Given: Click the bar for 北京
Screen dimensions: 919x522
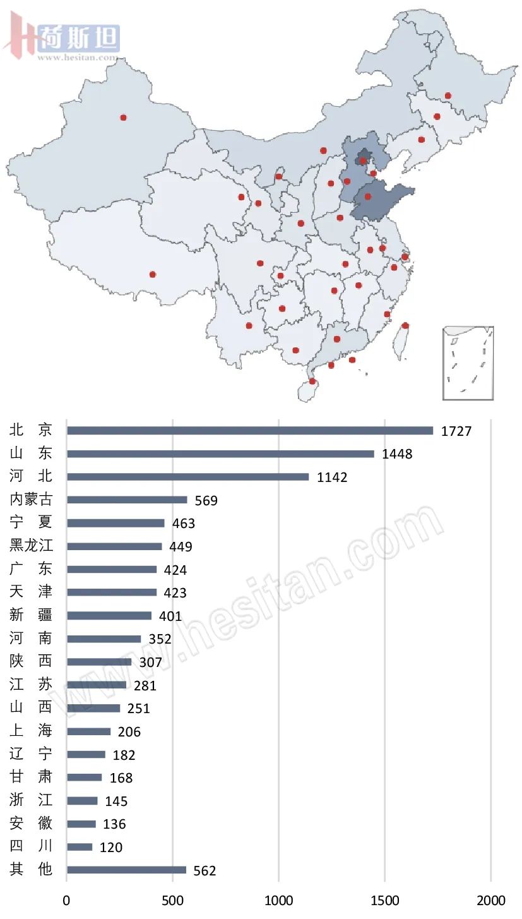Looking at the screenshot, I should tap(250, 431).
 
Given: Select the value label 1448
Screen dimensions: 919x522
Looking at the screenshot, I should tap(397, 454).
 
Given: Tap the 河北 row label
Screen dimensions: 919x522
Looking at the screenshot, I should tap(31, 477).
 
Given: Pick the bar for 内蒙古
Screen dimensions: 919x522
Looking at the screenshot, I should tap(127, 500).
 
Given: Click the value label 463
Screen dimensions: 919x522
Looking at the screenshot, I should tap(184, 524).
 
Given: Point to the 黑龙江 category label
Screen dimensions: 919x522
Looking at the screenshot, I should tap(31, 546).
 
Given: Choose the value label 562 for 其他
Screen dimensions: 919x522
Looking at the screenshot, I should tap(205, 871).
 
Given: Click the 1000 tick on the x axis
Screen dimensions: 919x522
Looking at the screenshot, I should tap(279, 900).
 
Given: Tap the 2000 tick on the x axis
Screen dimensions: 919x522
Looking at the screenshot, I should tap(491, 900).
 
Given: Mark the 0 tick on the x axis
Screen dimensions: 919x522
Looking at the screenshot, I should tap(67, 900).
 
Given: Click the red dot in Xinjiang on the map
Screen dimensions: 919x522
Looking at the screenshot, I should tap(123, 117).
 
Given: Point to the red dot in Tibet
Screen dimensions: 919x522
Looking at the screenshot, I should tap(152, 274).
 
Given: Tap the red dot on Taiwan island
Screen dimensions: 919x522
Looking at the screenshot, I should tap(405, 326).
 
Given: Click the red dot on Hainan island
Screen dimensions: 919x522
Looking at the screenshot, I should tap(312, 381).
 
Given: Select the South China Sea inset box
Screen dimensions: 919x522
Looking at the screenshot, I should tap(468, 363).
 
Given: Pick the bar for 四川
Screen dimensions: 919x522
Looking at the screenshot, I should tap(80, 847).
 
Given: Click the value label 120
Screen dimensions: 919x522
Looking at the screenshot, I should tap(111, 848).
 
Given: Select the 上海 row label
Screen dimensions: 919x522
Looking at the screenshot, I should tap(31, 731).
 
